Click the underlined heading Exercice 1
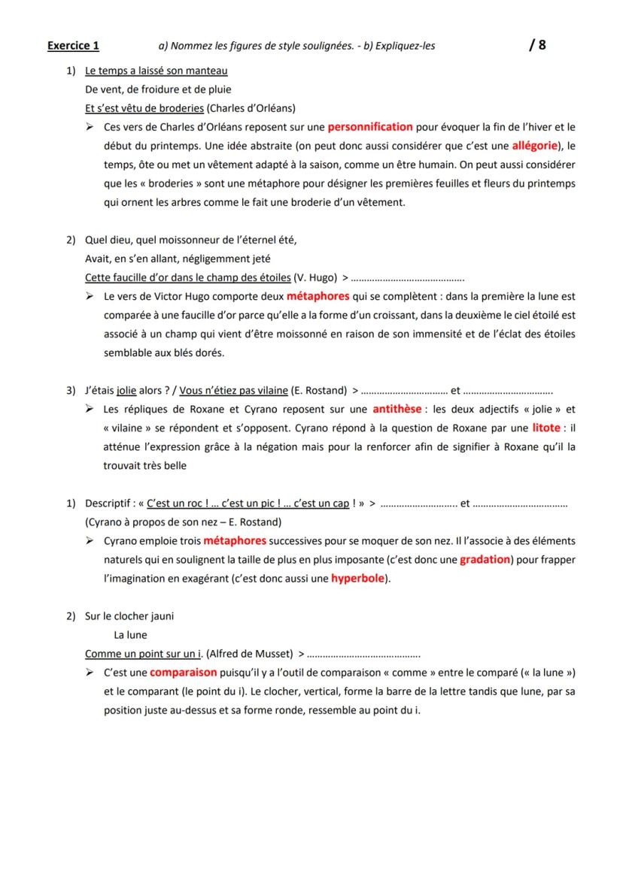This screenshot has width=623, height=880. point(73,46)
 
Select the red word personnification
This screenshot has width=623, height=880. point(370,127)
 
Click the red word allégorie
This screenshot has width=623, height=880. point(536,144)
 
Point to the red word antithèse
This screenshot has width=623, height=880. point(396,410)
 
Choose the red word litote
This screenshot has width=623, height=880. point(546,428)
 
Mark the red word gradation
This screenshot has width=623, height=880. point(485,560)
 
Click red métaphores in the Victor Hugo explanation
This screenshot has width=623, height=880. point(318,297)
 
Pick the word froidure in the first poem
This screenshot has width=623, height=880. point(154,89)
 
